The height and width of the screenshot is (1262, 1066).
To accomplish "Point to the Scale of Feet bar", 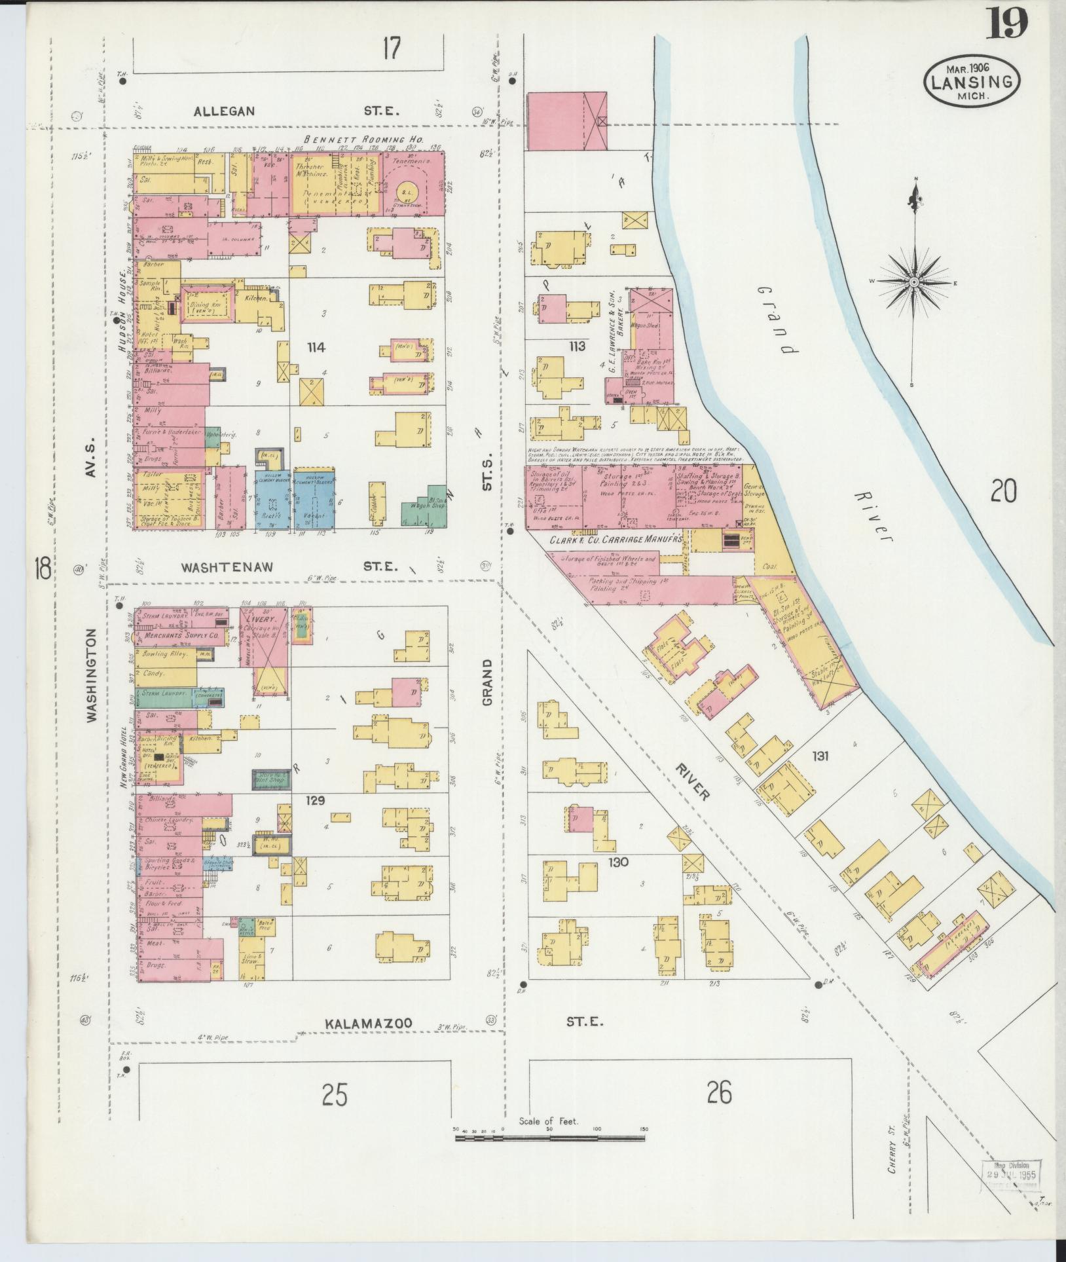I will (x=550, y=680).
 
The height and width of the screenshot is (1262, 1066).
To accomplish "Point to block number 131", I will (x=820, y=756).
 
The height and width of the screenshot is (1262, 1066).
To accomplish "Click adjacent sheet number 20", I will (x=1003, y=491).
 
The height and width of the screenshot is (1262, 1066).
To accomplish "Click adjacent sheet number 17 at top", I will (x=391, y=49).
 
